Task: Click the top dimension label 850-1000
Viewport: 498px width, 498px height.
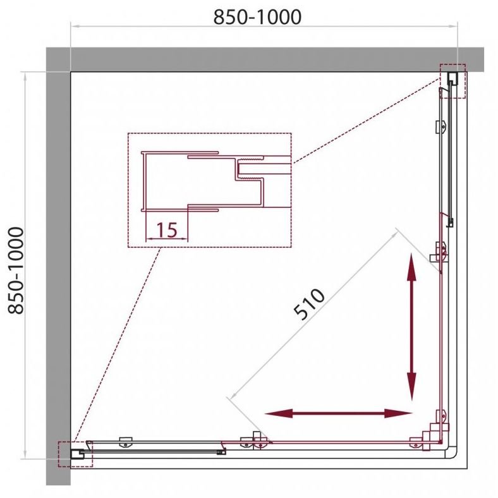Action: point(257,17)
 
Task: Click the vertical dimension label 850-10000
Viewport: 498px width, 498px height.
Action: point(16,270)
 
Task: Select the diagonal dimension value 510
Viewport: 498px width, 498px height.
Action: point(309,303)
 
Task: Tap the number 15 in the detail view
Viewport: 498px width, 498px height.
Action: point(167,230)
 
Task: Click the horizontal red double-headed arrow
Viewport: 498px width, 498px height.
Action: point(338,413)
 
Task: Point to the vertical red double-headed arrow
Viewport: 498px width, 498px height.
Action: point(411,327)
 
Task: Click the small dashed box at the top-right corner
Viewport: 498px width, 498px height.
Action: point(452,81)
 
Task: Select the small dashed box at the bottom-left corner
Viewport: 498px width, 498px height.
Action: point(75,454)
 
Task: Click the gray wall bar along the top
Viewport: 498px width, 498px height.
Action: point(265,59)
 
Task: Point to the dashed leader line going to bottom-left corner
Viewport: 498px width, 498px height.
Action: point(117,344)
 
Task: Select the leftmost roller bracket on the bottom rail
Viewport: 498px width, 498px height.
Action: point(126,442)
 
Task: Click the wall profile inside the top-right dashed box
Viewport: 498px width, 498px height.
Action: point(452,78)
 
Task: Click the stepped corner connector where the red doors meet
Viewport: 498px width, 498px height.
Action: point(434,434)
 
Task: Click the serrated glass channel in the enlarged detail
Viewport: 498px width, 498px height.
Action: point(250,168)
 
